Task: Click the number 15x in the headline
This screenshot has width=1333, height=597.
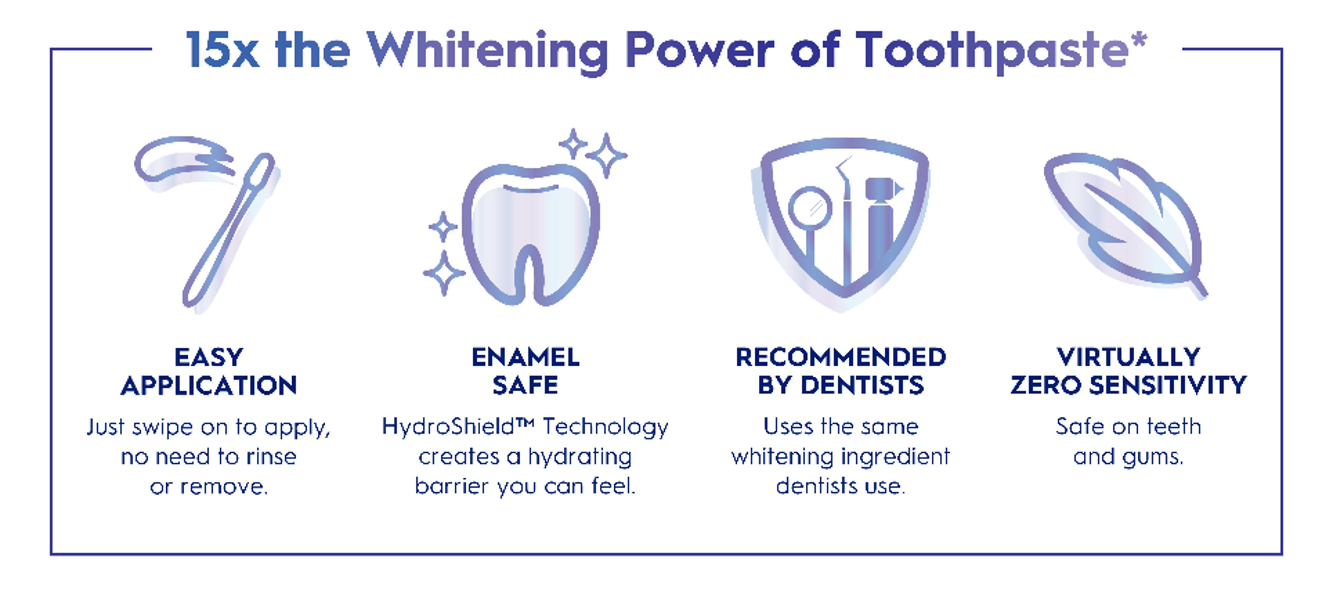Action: [x=222, y=50]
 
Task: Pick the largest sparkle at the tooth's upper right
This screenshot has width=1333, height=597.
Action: [x=606, y=155]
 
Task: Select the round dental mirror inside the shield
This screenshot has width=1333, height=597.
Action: [x=810, y=210]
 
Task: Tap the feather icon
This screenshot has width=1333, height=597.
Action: [x=1125, y=225]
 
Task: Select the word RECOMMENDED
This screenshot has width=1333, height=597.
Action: [x=841, y=357]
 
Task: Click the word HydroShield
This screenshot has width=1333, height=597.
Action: [x=448, y=427]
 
